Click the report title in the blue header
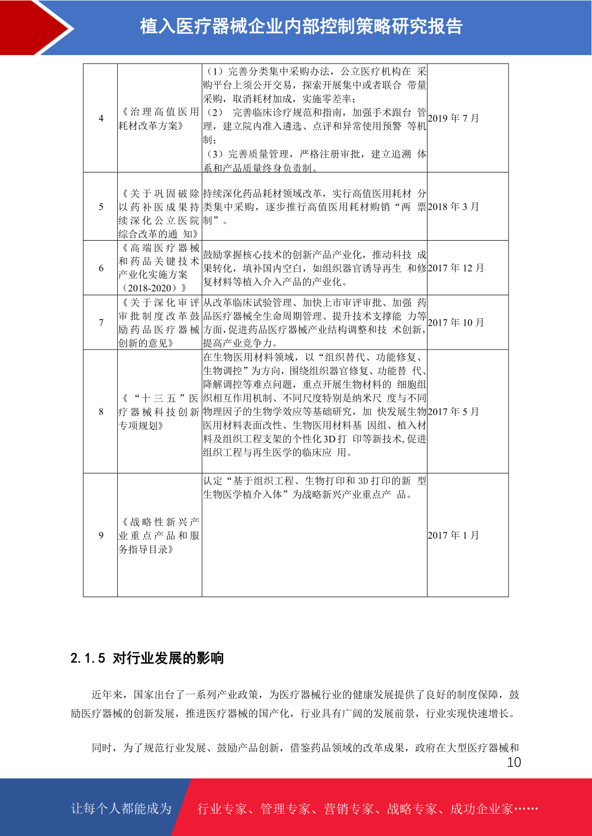pos(301,26)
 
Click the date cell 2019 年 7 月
pos(453,118)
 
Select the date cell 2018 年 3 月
pos(453,207)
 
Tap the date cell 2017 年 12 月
pos(456,268)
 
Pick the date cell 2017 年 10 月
pos(456,323)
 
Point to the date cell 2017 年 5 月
pos(453,412)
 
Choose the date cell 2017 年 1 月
pos(453,535)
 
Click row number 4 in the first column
pos(101,119)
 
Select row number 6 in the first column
pos(101,269)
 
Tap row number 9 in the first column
pos(101,536)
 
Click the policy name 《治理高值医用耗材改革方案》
pos(159,119)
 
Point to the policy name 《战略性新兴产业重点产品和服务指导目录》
pos(159,536)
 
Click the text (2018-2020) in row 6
pos(153,288)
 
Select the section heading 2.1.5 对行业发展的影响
pos(147,658)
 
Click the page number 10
pos(514,763)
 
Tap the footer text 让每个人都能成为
pos(121,809)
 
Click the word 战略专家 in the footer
pos(412,809)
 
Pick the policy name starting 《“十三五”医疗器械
pos(159,412)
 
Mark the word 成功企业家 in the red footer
pos(481,809)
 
